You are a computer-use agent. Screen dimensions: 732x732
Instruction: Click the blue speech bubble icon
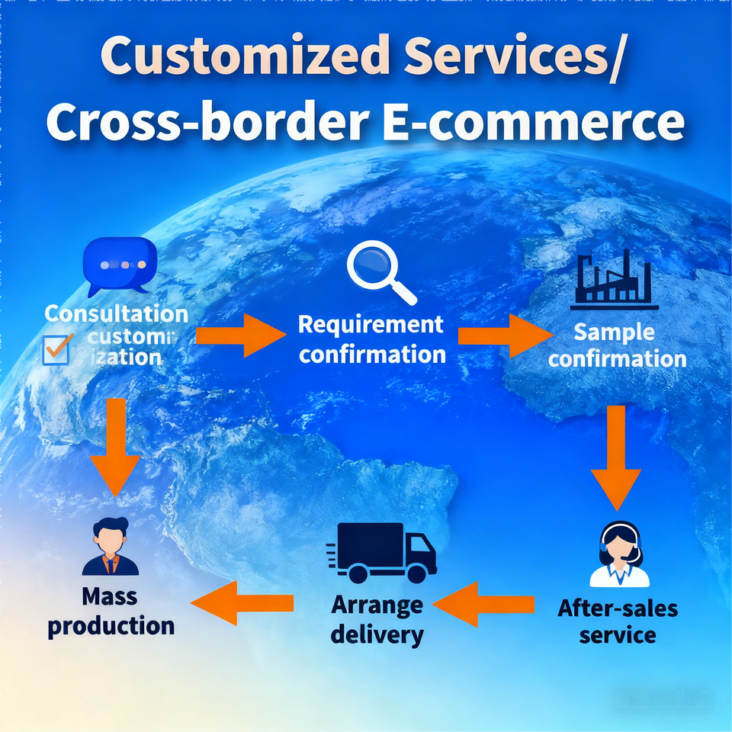coord(119,265)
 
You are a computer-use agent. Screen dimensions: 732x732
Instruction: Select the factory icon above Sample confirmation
coord(615,279)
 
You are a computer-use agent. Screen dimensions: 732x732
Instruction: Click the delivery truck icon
coord(382,550)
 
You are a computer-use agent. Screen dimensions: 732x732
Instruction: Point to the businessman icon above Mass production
coord(111,546)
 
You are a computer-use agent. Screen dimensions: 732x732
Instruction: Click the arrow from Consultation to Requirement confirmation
coord(239,335)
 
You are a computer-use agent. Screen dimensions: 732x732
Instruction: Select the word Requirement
coord(371,324)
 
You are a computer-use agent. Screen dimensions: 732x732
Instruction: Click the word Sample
coord(614,332)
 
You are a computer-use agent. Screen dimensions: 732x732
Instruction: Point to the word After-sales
coord(618,608)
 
